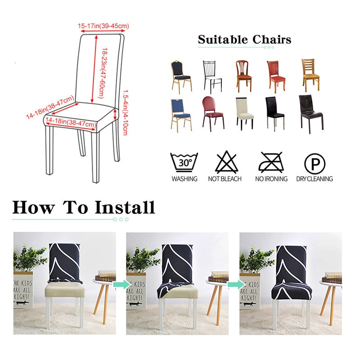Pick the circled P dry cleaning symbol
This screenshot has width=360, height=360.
(314, 162)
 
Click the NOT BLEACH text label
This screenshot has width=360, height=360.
(225, 179)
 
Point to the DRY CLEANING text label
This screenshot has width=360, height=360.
(314, 179)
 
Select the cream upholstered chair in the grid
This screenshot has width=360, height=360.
(245, 113)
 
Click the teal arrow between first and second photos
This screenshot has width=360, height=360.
(120, 284)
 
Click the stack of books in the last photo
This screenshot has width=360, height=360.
(332, 277)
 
